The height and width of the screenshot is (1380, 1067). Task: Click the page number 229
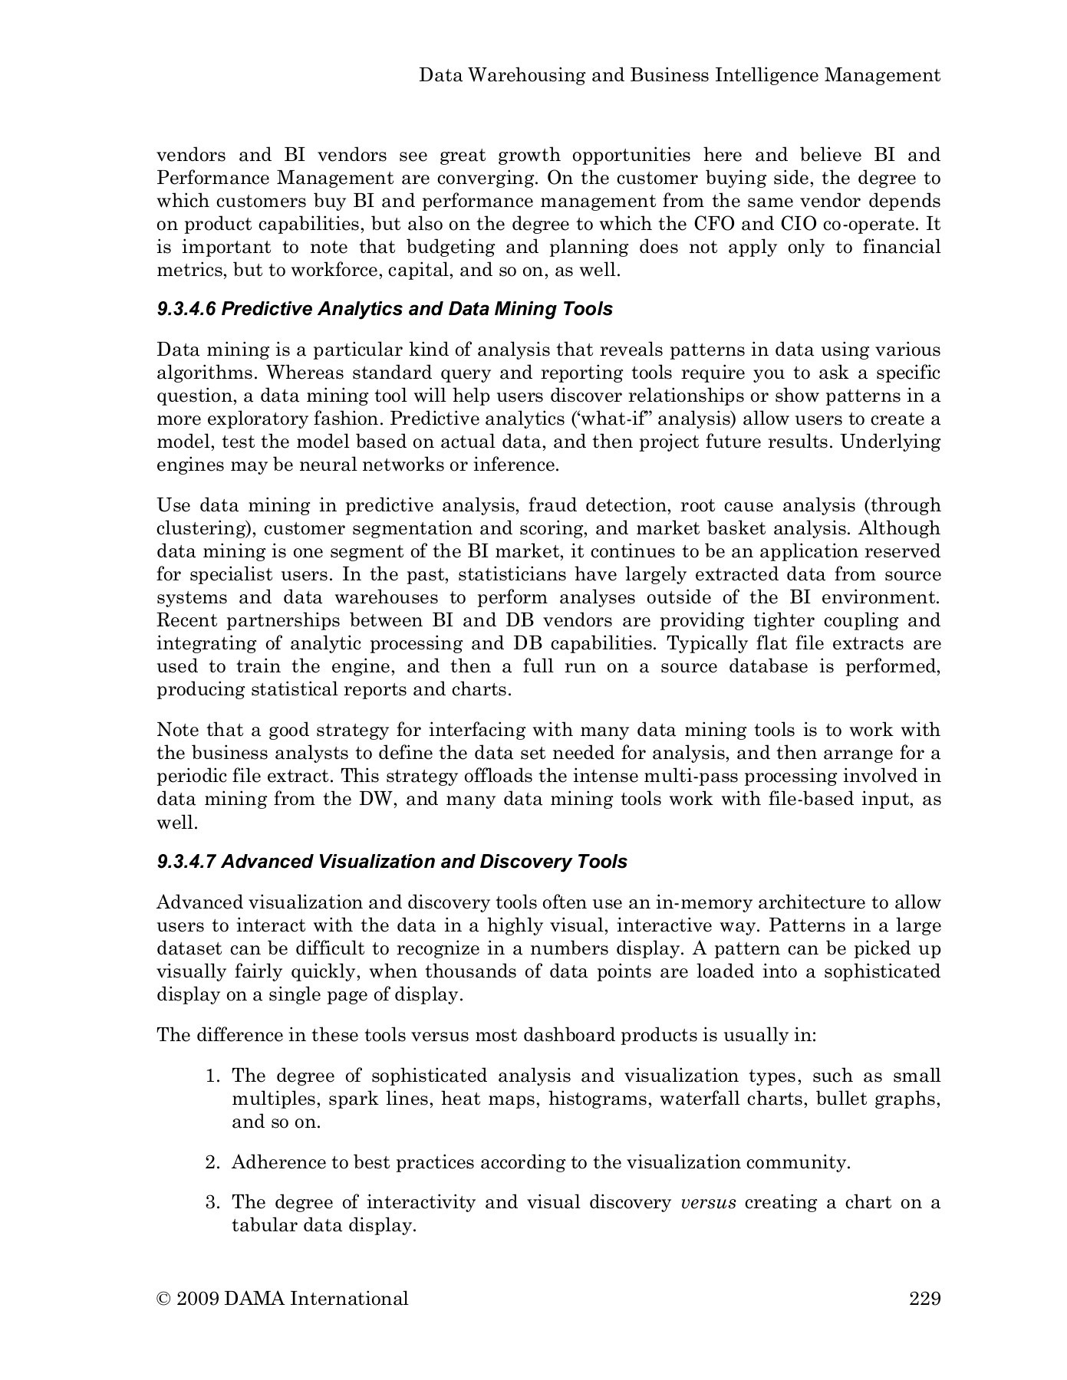coord(924,1299)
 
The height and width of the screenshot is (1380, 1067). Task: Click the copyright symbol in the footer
coord(163,1299)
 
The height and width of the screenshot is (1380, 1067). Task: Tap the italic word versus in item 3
coord(708,1202)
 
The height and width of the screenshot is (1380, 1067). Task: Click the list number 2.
coord(212,1162)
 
